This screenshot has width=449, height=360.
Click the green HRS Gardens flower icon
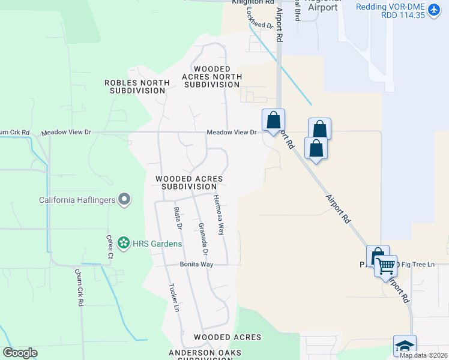pos(123,244)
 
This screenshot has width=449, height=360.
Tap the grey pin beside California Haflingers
pos(124,199)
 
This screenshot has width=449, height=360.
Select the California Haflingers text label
pos(77,200)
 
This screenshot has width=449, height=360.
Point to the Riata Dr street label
pos(177,218)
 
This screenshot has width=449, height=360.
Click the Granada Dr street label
pos(202,238)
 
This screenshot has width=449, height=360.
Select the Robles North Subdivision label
pos(135,86)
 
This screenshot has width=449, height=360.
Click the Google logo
pos(20,352)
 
